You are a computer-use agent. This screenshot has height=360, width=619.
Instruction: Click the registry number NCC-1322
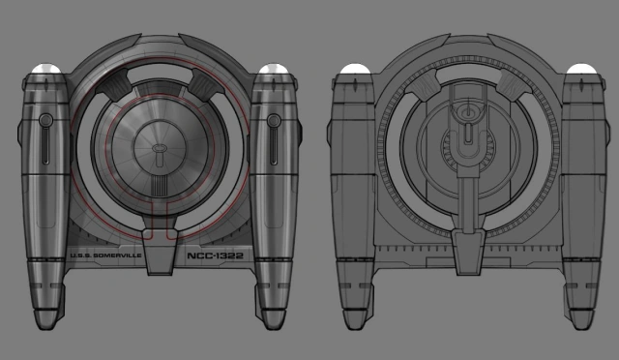click(x=215, y=255)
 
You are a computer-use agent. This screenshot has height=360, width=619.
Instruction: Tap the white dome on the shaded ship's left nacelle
click(x=46, y=68)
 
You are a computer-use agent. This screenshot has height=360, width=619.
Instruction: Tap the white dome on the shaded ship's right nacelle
click(x=274, y=68)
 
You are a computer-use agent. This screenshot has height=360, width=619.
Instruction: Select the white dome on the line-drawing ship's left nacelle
click(x=355, y=69)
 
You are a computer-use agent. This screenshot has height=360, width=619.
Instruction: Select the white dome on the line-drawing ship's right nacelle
click(x=581, y=69)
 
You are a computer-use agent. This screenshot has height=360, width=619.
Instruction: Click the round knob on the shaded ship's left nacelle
click(x=45, y=120)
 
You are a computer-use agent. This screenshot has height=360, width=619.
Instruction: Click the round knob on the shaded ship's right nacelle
click(x=274, y=121)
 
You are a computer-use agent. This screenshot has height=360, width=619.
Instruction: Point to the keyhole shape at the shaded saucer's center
click(x=160, y=154)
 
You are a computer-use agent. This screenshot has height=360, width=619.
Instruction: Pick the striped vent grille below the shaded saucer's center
click(x=160, y=186)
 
